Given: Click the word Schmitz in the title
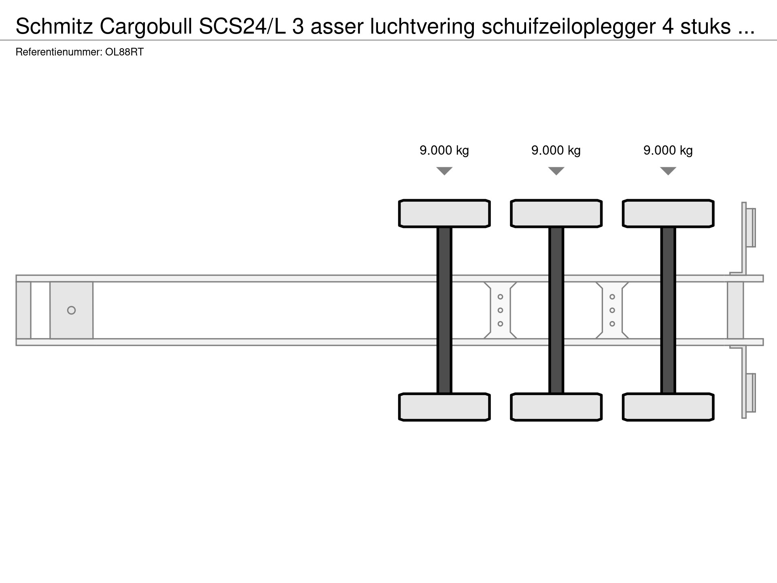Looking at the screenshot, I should point(54,27).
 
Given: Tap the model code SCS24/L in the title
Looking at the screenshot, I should point(242,27).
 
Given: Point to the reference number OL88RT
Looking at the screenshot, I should point(124,52).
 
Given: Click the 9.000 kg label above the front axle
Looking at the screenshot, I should point(444,151).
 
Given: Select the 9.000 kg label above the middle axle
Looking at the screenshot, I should point(556,151).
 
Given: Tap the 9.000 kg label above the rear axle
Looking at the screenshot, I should point(668,151).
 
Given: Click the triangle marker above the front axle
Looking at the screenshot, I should point(444,171).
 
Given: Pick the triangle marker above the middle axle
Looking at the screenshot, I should point(556,171).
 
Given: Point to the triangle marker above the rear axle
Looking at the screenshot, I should point(668,171).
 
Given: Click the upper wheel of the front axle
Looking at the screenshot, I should point(444,213).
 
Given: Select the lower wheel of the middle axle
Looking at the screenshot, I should point(556,407).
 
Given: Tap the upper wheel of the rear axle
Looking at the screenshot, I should point(668,213).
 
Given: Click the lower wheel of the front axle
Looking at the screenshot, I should point(444,407).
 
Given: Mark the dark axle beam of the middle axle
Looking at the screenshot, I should point(556,310).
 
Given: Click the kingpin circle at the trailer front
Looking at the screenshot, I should point(71,310).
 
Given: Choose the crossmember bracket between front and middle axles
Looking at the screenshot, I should point(500,310).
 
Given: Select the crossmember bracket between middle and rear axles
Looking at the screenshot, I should point(612,310).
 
